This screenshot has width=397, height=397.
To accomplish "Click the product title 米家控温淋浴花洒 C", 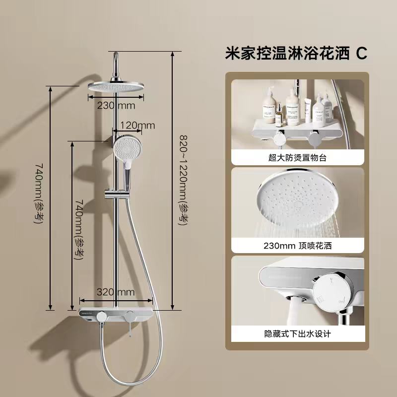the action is tap(296, 53).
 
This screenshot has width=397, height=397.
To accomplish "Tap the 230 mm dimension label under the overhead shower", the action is tap(116, 105).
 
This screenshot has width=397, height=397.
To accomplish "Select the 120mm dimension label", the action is tap(137, 126).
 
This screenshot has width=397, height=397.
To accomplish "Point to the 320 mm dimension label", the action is tap(116, 292).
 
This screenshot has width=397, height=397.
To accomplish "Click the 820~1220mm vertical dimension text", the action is tap(183, 180).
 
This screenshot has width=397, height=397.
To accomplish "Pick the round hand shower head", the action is tap(128, 146).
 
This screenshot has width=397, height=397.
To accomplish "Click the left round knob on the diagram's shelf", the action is tap(102, 316).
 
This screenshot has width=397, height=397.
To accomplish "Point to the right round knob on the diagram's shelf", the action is tap(130, 316).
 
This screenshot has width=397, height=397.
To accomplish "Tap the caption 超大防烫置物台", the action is tap(297, 158).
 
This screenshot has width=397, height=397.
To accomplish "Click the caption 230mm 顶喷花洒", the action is tap(297, 246).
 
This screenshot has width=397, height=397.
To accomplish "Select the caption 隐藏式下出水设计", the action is tap(297, 333).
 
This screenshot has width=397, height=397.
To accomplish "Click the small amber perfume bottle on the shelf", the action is tap(279, 115).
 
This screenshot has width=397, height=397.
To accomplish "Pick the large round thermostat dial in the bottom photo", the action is tap(331, 292).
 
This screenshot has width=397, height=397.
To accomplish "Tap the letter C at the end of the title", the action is tap(362, 54).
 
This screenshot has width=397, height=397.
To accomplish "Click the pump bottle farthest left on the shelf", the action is tap(269, 105).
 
